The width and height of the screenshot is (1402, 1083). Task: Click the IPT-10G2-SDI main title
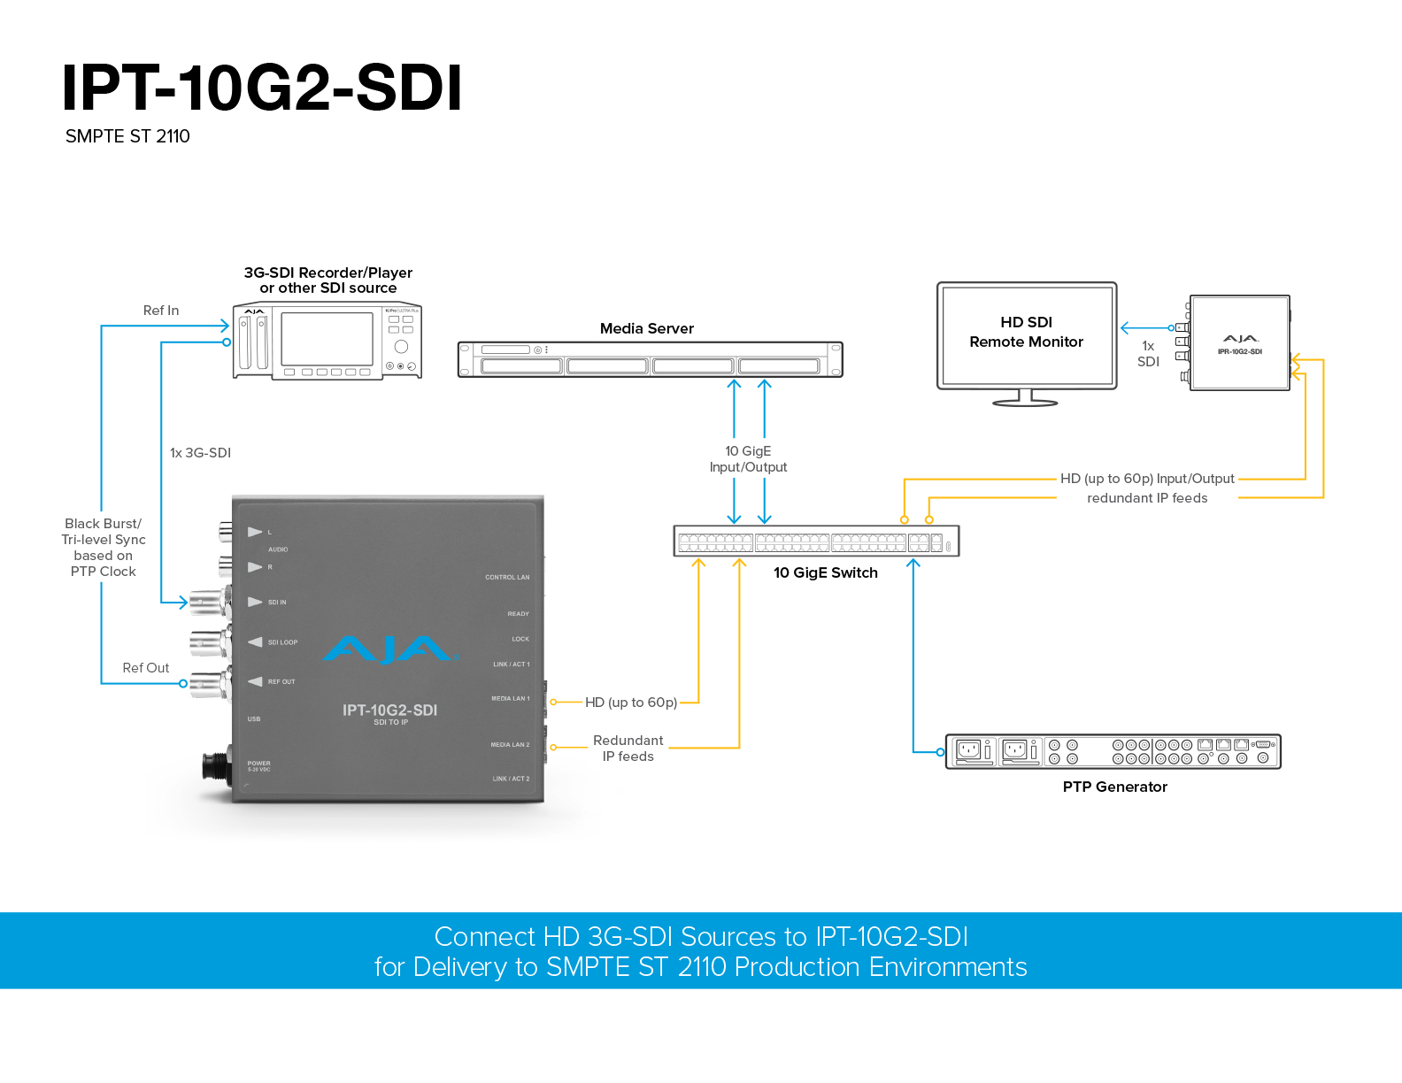coord(262,88)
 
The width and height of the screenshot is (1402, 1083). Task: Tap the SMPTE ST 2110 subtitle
coord(127,136)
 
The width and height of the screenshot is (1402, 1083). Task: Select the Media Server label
coord(646,328)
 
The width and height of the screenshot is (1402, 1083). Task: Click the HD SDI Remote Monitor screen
coord(1027,333)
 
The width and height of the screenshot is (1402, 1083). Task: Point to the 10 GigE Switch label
coord(825,572)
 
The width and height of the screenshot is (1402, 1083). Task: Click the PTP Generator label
coord(1114,787)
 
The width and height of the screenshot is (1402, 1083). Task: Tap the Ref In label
coord(161,311)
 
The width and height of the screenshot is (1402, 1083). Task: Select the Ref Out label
coord(146,668)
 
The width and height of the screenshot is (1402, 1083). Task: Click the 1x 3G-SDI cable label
coord(200,453)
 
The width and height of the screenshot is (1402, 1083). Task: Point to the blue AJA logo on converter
coord(389,650)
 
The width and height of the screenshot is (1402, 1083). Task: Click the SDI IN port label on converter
coord(277,603)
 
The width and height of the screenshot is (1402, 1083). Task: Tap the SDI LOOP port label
coord(282,642)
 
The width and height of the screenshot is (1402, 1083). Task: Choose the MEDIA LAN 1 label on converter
coord(510,699)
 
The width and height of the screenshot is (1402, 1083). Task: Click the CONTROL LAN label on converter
coord(507,578)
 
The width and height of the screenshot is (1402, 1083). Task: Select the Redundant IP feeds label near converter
coord(628,749)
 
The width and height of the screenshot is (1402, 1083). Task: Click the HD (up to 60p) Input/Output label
coord(1147,479)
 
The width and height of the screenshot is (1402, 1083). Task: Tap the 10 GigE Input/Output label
coord(748,459)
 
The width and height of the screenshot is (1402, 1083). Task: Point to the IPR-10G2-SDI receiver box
coord(1239,343)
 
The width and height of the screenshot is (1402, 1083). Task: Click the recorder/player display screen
coord(327,339)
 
